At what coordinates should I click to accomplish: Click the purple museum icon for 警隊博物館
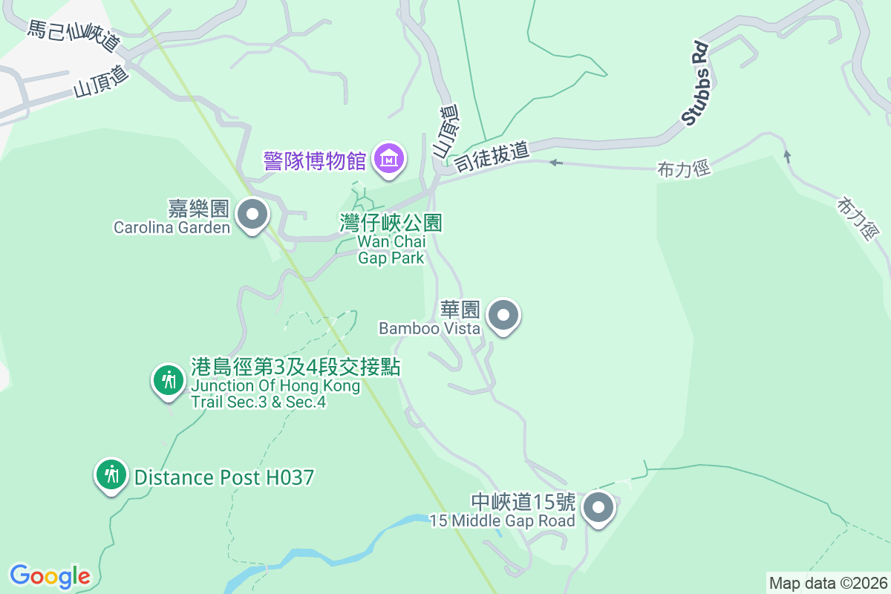point(389,158)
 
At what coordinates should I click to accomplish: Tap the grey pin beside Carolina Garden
point(252,215)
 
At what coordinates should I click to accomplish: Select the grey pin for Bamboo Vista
point(504,316)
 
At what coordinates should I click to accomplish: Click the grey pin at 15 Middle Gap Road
point(598,509)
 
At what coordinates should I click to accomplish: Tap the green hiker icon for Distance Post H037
point(112,474)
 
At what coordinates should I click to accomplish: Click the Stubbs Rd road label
point(695,83)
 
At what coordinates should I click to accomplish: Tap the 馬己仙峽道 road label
point(74,36)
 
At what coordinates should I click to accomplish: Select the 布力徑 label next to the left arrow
point(684,169)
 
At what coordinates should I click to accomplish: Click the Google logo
point(50,575)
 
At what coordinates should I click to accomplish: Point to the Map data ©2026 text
point(827,583)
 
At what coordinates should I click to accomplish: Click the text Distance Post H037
point(223,477)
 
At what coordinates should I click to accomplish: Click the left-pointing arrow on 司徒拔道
point(555,162)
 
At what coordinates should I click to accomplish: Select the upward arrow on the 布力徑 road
point(787,156)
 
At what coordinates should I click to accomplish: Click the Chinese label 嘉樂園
point(198,209)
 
